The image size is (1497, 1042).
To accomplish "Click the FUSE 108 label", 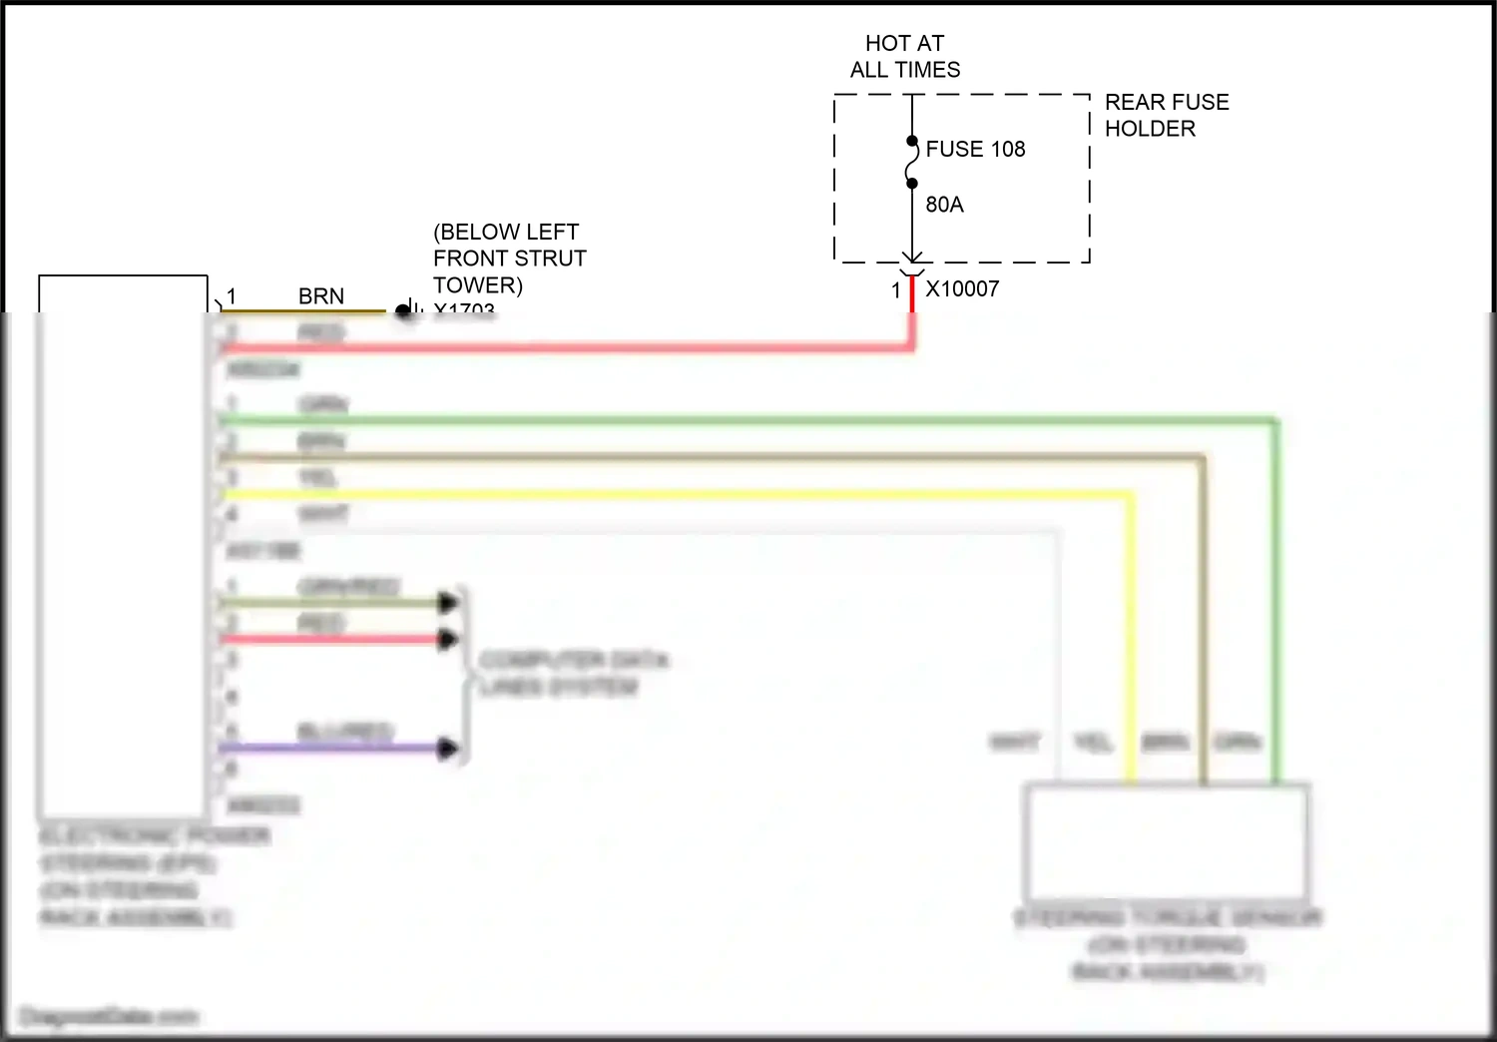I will pyautogui.click(x=975, y=149).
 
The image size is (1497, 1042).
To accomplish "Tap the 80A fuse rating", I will pyautogui.click(x=944, y=205).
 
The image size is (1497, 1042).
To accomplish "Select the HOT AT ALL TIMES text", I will pyautogui.click(x=905, y=56).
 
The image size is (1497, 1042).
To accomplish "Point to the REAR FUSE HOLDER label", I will pyautogui.click(x=1166, y=115).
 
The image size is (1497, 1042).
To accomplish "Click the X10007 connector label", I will pyautogui.click(x=962, y=289).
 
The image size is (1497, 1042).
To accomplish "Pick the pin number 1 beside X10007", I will pyautogui.click(x=896, y=290).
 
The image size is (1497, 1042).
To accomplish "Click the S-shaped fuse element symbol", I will pyautogui.click(x=912, y=163).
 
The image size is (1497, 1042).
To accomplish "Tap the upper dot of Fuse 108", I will pyautogui.click(x=912, y=141).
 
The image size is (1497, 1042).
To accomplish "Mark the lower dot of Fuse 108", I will pyautogui.click(x=912, y=184).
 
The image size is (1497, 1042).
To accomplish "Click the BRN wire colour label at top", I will pyautogui.click(x=321, y=296).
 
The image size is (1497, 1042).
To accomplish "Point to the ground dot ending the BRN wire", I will pyautogui.click(x=402, y=310).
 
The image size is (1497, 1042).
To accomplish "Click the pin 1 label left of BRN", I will pyautogui.click(x=232, y=296).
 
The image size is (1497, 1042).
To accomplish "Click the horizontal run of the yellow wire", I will pyautogui.click(x=679, y=494).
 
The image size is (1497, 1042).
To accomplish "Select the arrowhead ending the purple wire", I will pyautogui.click(x=448, y=748).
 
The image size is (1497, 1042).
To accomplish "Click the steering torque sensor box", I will pyautogui.click(x=1167, y=841).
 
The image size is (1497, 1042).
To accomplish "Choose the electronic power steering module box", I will pyautogui.click(x=123, y=544).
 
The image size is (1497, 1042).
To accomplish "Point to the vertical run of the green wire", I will pyautogui.click(x=1274, y=599).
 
